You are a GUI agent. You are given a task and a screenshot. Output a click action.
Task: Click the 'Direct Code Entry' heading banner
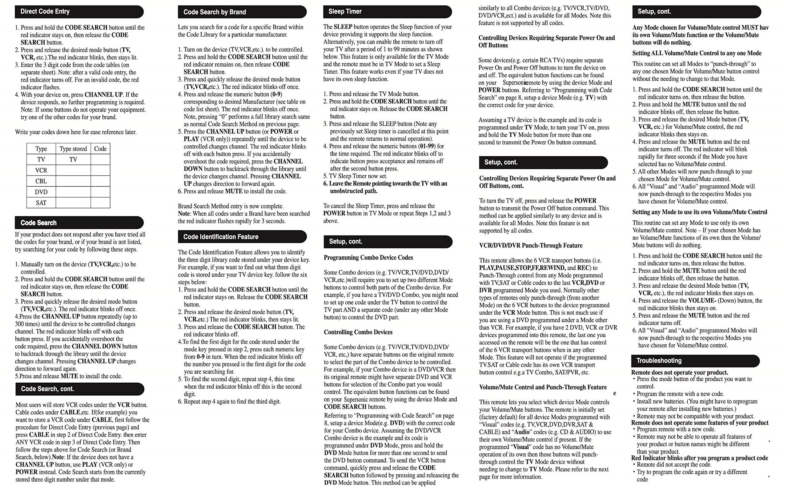(x=79, y=12)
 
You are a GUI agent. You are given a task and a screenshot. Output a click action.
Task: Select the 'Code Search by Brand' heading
(x=242, y=12)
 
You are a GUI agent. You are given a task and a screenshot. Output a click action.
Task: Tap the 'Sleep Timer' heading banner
(x=387, y=12)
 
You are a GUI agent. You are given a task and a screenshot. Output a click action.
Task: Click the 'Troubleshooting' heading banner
(x=695, y=361)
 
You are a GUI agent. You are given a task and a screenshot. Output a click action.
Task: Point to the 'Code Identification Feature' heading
(x=242, y=237)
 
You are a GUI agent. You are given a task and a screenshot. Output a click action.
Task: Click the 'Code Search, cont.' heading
(x=79, y=389)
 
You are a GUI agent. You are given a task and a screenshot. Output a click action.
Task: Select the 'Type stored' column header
(x=73, y=149)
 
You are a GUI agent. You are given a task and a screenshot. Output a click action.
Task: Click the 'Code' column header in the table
(x=100, y=149)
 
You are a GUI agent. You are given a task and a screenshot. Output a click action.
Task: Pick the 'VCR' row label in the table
(x=41, y=171)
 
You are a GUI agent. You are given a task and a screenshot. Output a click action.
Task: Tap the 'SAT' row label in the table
(x=41, y=203)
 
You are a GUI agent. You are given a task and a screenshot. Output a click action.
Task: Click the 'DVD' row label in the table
(x=41, y=192)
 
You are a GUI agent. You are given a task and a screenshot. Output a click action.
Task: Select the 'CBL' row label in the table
(x=41, y=181)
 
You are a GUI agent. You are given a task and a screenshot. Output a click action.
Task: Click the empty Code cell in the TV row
(x=100, y=160)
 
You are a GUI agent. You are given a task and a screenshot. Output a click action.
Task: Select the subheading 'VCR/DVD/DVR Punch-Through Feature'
(x=531, y=246)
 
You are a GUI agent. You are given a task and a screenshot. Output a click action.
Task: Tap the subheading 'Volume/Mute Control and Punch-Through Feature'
(x=543, y=388)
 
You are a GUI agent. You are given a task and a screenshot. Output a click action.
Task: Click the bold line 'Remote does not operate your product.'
(x=680, y=372)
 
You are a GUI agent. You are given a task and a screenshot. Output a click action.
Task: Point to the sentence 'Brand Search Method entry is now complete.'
(x=231, y=206)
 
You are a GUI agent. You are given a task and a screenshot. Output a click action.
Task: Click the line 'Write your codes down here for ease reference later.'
(x=76, y=132)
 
